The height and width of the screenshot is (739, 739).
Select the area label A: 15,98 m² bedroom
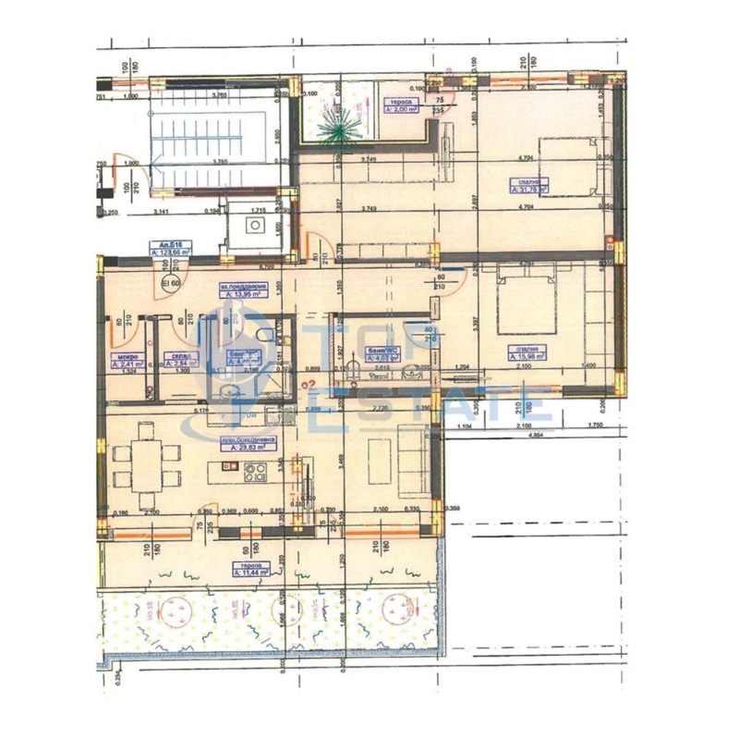527,352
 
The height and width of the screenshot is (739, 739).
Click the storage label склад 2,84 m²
176,362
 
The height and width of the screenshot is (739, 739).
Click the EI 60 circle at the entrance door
170,283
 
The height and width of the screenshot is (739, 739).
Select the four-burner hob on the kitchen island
256,471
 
